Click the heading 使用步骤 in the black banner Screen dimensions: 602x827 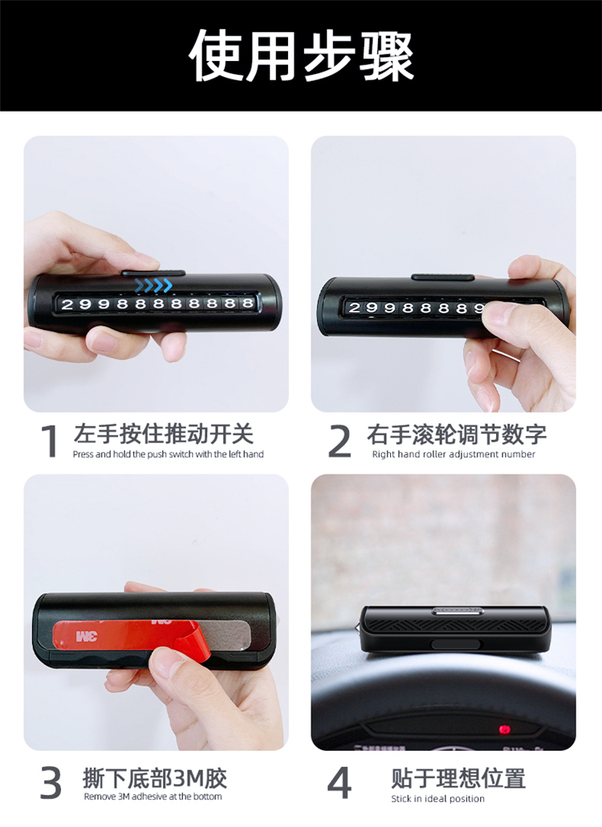pos(301,55)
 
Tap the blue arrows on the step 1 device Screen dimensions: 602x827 pos(153,286)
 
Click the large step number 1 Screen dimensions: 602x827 pos(50,442)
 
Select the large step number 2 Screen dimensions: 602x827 pos(339,442)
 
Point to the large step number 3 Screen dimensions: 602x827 pos(51,783)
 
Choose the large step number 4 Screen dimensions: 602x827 pos(339,783)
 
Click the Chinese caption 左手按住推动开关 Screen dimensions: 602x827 pos(164,434)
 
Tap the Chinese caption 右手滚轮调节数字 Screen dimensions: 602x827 pos(457,434)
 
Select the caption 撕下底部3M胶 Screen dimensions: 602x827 pos(154,778)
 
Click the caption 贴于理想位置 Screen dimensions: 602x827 pos(458,779)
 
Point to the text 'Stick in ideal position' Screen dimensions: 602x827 pos(437,799)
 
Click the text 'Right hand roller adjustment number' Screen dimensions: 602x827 pos(454,454)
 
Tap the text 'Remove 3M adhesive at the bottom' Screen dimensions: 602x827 pos(153,796)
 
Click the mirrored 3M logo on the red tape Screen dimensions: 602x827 pos(87,636)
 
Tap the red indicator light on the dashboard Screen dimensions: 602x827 pos(505,730)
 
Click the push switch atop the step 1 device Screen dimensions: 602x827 pos(153,273)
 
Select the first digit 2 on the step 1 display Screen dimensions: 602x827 pos(67,304)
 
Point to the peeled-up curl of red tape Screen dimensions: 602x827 pos(196,643)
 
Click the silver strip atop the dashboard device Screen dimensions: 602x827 pos(458,611)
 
